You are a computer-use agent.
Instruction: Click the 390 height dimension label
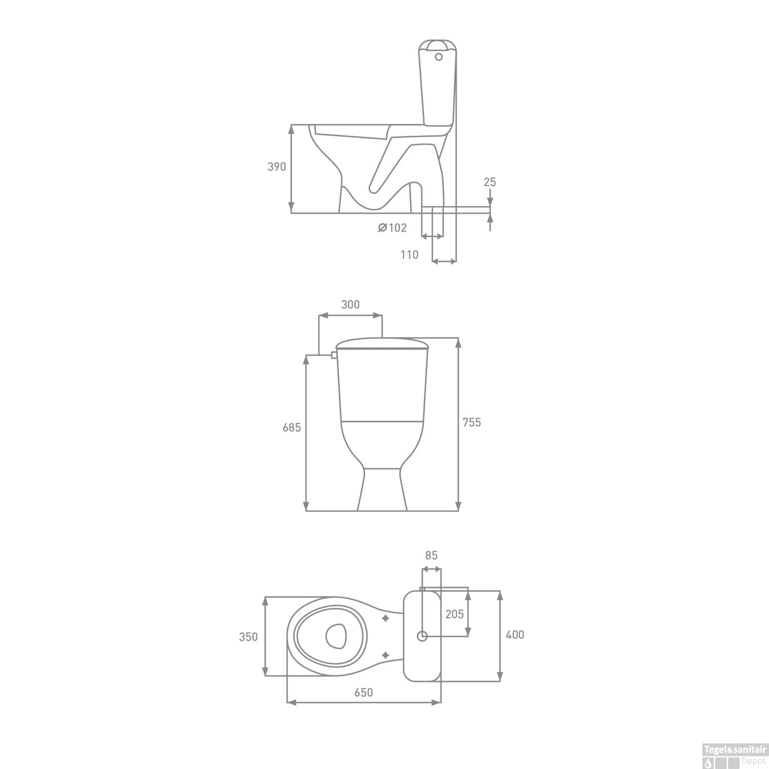(277, 167)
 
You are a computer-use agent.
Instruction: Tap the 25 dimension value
(490, 182)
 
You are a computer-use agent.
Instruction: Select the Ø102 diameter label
(392, 228)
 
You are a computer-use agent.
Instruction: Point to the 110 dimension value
(409, 254)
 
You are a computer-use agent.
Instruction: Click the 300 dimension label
(350, 304)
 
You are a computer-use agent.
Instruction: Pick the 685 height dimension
(292, 427)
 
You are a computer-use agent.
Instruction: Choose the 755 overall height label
(472, 422)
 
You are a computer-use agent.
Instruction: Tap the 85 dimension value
(431, 555)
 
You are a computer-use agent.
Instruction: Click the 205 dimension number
(454, 614)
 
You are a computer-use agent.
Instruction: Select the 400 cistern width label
(515, 635)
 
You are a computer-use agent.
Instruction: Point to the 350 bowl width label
(248, 637)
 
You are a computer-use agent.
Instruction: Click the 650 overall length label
(363, 693)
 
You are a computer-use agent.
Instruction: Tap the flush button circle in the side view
(438, 57)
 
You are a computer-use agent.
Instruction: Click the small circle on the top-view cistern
(422, 636)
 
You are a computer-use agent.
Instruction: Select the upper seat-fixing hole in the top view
(386, 619)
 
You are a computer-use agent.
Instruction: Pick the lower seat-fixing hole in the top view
(386, 655)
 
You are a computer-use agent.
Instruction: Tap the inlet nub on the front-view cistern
(334, 354)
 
